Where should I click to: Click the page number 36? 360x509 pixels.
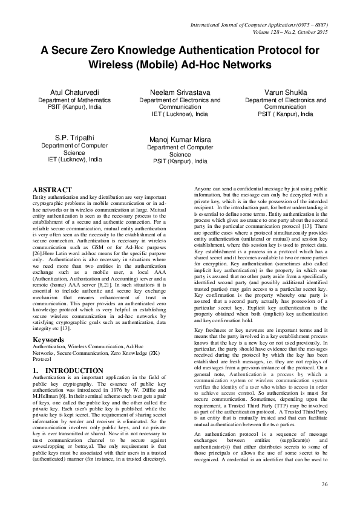click(324, 485)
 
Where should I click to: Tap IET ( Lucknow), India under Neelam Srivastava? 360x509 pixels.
click(180, 114)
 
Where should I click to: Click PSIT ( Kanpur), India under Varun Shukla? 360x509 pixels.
click(285, 114)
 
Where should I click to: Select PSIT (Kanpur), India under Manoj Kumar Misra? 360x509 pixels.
click(180, 161)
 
